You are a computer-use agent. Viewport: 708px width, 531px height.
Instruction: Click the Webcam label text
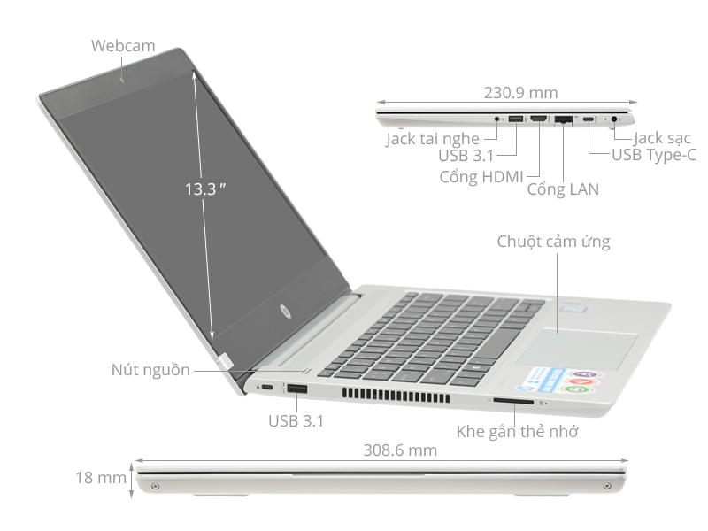click(122, 46)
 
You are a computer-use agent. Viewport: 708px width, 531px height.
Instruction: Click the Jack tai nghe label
click(432, 139)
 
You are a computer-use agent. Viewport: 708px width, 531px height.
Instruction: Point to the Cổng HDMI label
click(481, 175)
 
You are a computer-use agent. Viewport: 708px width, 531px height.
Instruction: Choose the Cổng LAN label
click(563, 189)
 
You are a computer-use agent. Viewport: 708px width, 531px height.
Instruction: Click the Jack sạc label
click(662, 138)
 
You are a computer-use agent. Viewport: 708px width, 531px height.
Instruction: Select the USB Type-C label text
click(654, 156)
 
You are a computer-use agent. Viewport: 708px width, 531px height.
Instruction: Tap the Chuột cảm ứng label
click(553, 241)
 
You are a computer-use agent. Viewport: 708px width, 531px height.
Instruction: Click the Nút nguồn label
click(150, 370)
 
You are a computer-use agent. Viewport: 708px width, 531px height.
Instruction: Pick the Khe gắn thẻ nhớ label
click(518, 432)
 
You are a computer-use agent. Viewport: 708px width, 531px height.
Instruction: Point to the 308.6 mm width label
click(400, 450)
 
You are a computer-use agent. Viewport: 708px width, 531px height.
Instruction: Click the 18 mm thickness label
click(100, 478)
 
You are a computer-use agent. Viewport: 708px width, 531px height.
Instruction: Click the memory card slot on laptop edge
click(512, 402)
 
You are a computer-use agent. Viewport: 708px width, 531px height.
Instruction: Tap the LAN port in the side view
click(563, 119)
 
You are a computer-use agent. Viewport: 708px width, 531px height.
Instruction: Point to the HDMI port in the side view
click(538, 119)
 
